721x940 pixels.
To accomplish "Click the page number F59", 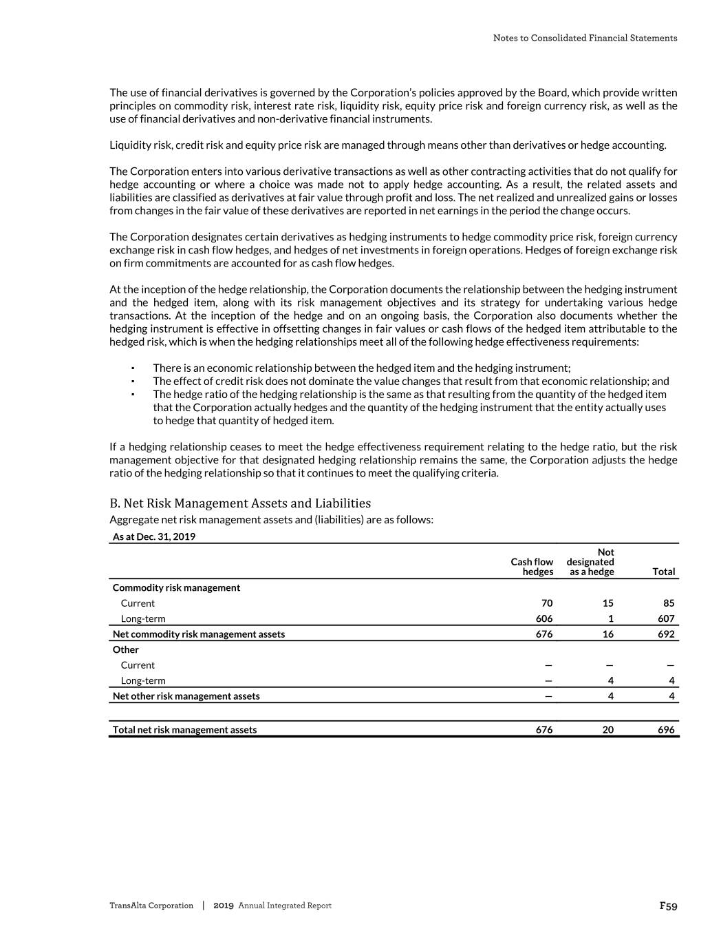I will coord(668,906).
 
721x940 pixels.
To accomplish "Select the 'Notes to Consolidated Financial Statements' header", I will coord(585,38).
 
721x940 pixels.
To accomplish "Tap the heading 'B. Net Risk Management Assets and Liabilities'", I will coord(240,503).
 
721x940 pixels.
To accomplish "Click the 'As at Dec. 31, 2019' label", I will coord(154,536).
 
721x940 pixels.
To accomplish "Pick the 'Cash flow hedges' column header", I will coord(532,567).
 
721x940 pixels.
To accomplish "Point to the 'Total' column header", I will coord(663,572).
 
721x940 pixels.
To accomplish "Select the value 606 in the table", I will coord(544,618).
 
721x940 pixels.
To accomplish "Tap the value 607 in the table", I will coord(665,618).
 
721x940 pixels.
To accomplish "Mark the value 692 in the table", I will coord(665,634).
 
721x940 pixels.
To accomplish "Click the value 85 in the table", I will coord(669,603).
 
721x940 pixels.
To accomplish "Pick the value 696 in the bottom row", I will coord(665,730).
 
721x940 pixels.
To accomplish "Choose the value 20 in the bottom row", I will coord(608,730).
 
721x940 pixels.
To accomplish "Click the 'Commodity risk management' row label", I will coord(176,587).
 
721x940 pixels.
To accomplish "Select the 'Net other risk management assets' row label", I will coord(186,696).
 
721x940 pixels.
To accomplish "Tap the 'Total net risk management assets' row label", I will coord(184,730).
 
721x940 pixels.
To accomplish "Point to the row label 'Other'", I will coord(126,649).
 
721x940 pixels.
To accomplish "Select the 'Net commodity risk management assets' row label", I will coord(199,634).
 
